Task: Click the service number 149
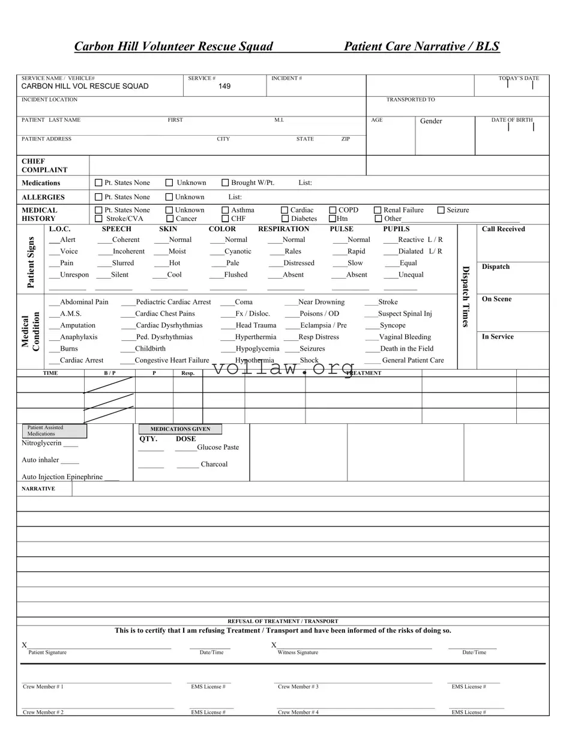[x=224, y=86]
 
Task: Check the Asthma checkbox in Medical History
[x=226, y=210]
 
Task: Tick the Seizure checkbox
[x=441, y=210]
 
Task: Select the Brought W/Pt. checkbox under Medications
[x=226, y=182]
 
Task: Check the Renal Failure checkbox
[x=378, y=210]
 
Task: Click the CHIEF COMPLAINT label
[x=44, y=166]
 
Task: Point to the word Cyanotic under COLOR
[x=238, y=252]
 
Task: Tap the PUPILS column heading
[x=396, y=229]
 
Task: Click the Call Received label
[x=503, y=229]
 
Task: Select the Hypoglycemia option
[x=257, y=349]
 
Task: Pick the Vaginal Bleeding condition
[x=405, y=337]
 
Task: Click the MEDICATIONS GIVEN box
[x=180, y=429]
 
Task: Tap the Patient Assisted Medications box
[x=55, y=430]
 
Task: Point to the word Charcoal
[x=214, y=465]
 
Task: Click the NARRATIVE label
[x=38, y=489]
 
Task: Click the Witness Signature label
[x=298, y=653]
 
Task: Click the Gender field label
[x=431, y=121]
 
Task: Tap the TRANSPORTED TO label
[x=411, y=100]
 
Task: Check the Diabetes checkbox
[x=285, y=219]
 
